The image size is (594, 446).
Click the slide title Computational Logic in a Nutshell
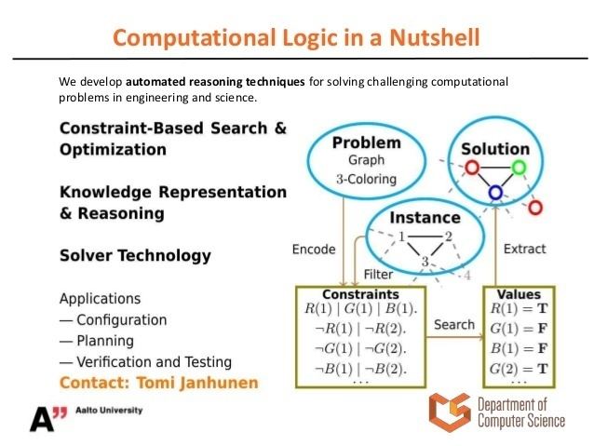click(x=297, y=38)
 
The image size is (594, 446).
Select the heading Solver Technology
click(x=135, y=255)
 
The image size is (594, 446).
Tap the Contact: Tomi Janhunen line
click(x=158, y=383)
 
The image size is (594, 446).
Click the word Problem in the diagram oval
click(x=366, y=143)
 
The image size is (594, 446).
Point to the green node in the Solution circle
click(x=519, y=169)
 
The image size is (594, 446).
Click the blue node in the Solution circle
click(x=495, y=193)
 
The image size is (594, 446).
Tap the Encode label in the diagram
click(x=314, y=250)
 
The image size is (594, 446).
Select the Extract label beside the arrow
click(x=525, y=250)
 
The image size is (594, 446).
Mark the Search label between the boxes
click(x=454, y=324)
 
